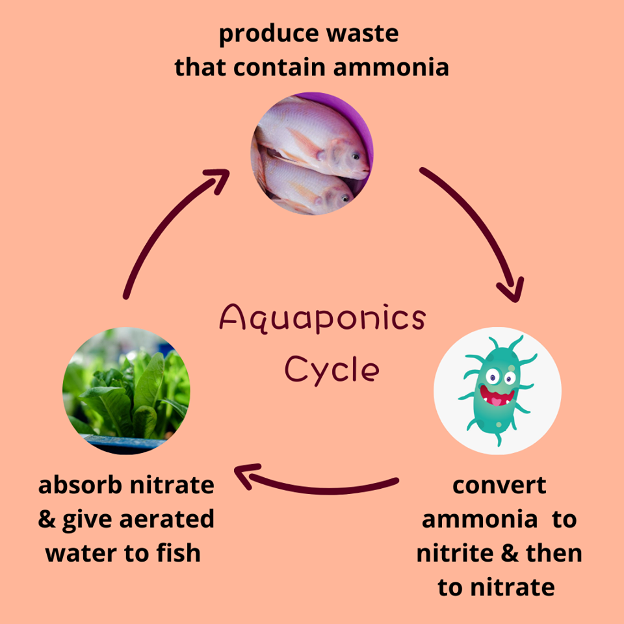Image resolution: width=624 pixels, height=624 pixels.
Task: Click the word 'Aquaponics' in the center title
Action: pos(322,318)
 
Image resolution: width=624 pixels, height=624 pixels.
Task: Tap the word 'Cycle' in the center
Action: pos(332,370)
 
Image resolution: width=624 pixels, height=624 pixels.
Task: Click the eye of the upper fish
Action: pos(356,157)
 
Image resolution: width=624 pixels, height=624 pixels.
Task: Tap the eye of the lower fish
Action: pos(345,198)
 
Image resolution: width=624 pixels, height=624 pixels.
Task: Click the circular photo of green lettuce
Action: pos(126,391)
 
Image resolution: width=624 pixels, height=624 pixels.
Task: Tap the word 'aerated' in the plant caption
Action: pos(167,519)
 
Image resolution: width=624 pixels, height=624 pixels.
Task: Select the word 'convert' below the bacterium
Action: pos(499,486)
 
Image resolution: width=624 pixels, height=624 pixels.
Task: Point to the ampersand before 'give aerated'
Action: pos(47,519)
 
